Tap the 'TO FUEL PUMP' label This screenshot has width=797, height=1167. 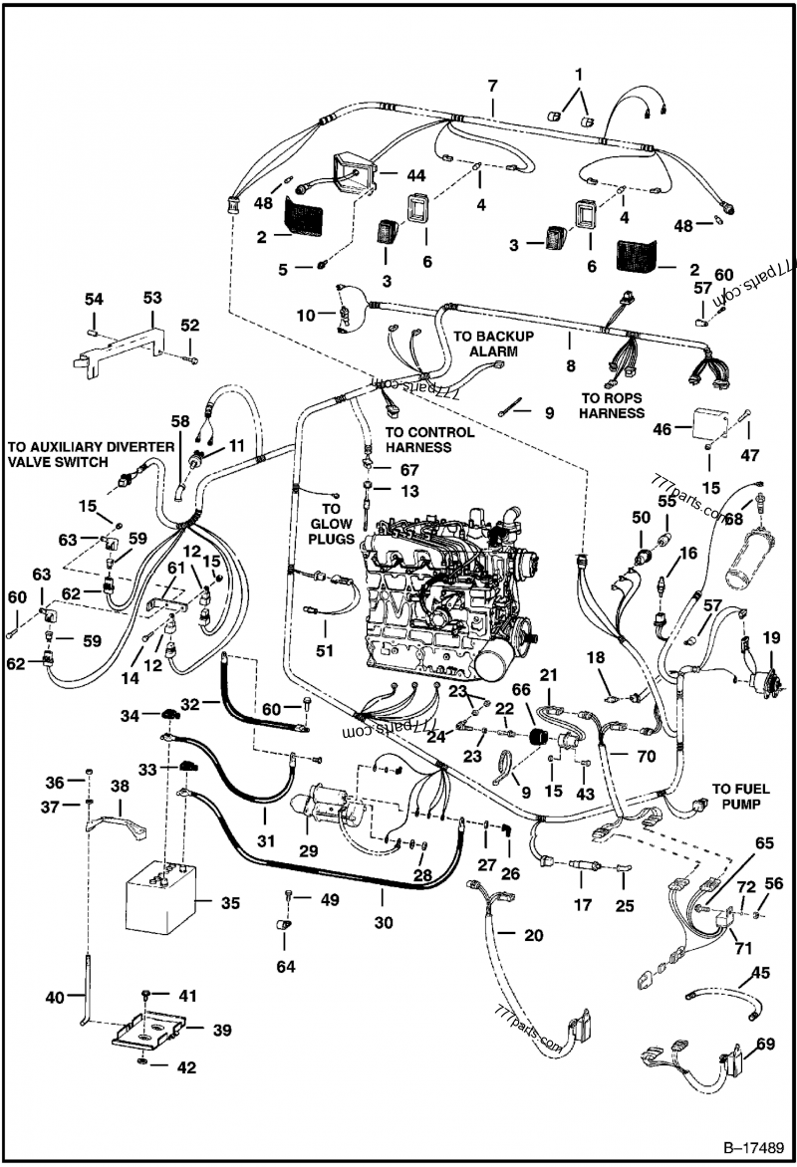tap(741, 793)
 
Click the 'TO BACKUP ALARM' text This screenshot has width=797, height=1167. tap(493, 344)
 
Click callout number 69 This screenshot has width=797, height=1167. tap(764, 1046)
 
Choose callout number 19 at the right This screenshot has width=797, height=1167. tap(771, 637)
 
